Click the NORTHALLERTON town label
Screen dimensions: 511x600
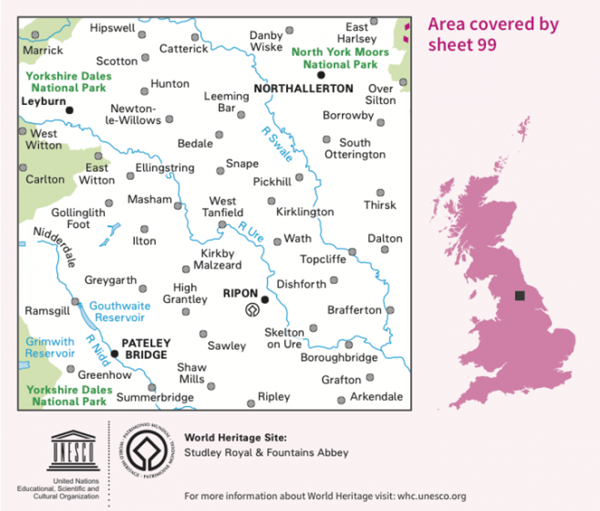coord(303,89)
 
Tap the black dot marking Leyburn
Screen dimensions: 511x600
coord(69,110)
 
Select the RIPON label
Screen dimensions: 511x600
coord(241,293)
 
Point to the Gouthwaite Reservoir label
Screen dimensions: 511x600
coord(119,311)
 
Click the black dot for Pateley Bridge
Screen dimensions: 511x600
coord(115,353)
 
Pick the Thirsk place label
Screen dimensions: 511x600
coord(379,205)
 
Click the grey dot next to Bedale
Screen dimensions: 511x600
coord(219,135)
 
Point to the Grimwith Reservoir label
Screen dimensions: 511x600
coord(49,347)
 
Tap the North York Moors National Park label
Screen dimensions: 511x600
coord(340,58)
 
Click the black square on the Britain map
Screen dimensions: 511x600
coord(519,296)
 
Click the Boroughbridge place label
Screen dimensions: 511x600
coord(339,358)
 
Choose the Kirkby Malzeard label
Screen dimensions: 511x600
coord(220,260)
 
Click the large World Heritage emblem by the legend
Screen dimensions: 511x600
coord(147,452)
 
